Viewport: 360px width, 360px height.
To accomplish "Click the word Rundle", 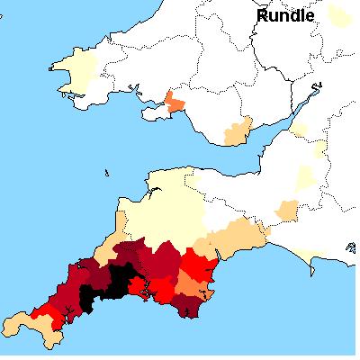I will (x=286, y=15).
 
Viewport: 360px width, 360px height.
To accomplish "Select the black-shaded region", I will (x=106, y=285).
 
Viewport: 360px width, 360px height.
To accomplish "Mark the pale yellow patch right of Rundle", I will (x=338, y=15).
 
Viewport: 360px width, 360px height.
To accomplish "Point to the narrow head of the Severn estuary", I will (x=316, y=88).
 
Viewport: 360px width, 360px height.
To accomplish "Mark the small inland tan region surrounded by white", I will (x=286, y=212).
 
